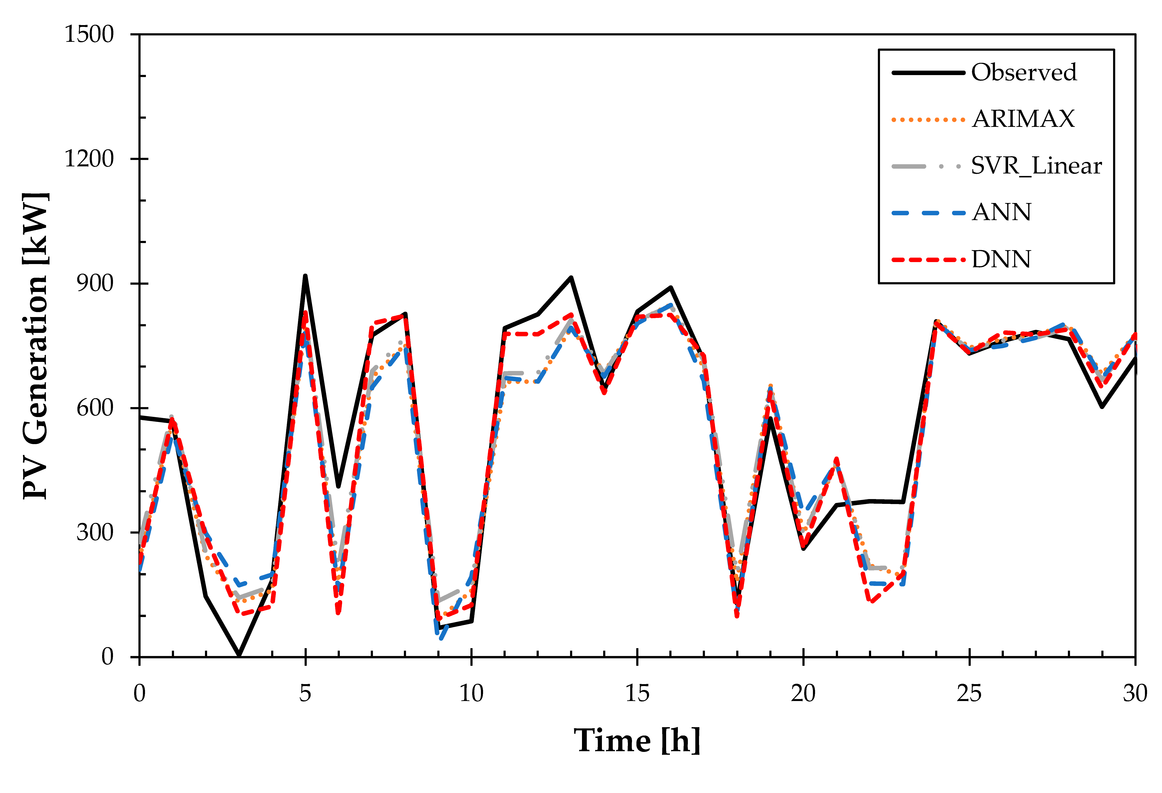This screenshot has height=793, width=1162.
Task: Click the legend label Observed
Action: point(1024,72)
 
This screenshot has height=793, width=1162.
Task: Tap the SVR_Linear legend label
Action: point(1036,165)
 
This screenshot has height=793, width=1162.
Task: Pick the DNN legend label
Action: point(1001,259)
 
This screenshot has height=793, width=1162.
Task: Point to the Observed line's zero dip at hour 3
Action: point(239,655)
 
